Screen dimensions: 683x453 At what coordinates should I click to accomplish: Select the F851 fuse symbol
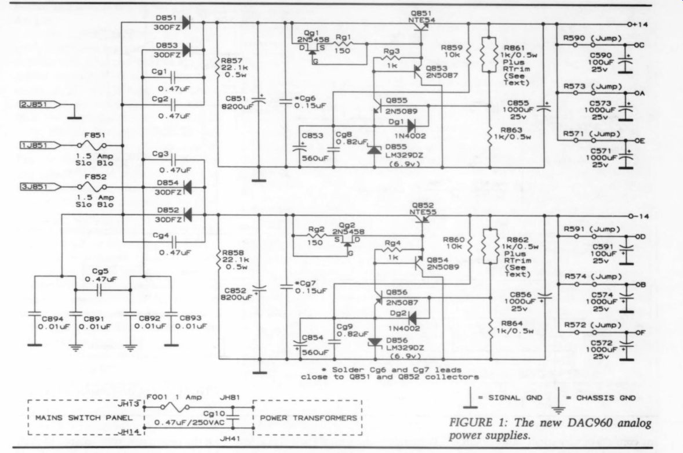tap(92, 145)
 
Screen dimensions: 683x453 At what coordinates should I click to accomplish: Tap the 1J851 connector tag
tap(39, 145)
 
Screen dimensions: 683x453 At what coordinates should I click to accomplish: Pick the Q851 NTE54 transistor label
tap(421, 17)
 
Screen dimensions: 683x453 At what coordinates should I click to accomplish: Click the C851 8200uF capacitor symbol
tap(259, 101)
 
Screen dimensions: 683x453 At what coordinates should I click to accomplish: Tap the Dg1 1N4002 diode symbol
tap(411, 126)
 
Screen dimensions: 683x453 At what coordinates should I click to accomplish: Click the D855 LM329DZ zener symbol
tap(375, 150)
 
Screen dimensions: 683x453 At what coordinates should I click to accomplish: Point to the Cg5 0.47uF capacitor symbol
tap(99, 290)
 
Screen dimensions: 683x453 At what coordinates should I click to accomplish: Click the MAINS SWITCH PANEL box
tap(86, 417)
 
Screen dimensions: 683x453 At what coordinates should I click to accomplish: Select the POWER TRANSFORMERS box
tap(307, 417)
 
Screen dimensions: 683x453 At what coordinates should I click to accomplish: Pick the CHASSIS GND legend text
tap(606, 398)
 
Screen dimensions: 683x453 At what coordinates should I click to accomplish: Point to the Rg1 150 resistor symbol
tap(343, 44)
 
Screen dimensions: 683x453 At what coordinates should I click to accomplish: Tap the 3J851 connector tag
tap(39, 187)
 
